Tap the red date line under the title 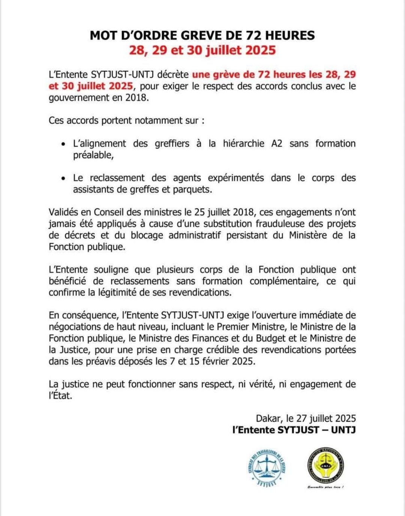(x=202, y=50)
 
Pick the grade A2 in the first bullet (x=277, y=143)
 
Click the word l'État (x=60, y=396)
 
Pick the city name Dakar (x=268, y=418)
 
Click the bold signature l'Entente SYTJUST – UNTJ (x=294, y=430)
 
